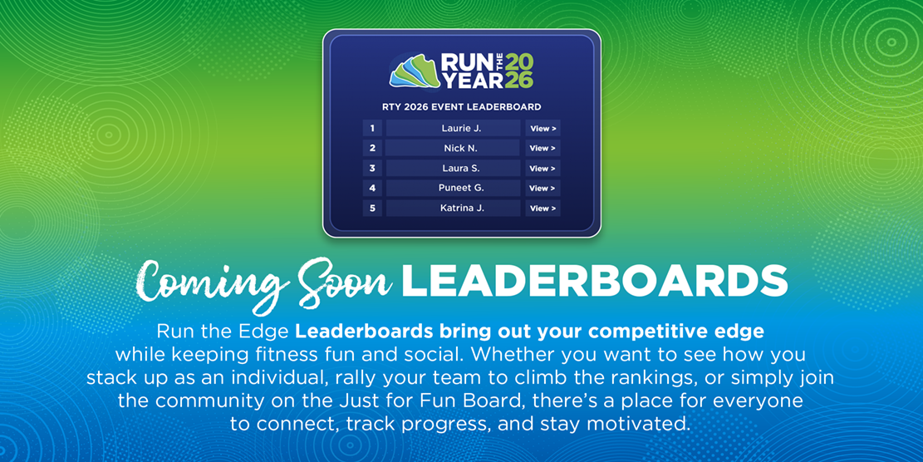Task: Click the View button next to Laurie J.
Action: pyautogui.click(x=543, y=129)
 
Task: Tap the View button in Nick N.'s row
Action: pyautogui.click(x=543, y=149)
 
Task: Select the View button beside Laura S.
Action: pyautogui.click(x=543, y=169)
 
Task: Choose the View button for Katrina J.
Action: pyautogui.click(x=543, y=209)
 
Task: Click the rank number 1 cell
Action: pyautogui.click(x=372, y=129)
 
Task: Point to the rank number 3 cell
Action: pyautogui.click(x=372, y=169)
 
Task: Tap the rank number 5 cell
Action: pyautogui.click(x=372, y=209)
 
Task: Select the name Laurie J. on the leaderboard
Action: pyautogui.click(x=461, y=129)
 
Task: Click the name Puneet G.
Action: pyautogui.click(x=461, y=189)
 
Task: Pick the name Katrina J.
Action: pyautogui.click(x=461, y=209)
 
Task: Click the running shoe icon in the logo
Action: pyautogui.click(x=414, y=71)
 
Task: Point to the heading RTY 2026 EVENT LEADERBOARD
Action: pyautogui.click(x=461, y=107)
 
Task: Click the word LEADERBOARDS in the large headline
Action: pyautogui.click(x=594, y=282)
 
